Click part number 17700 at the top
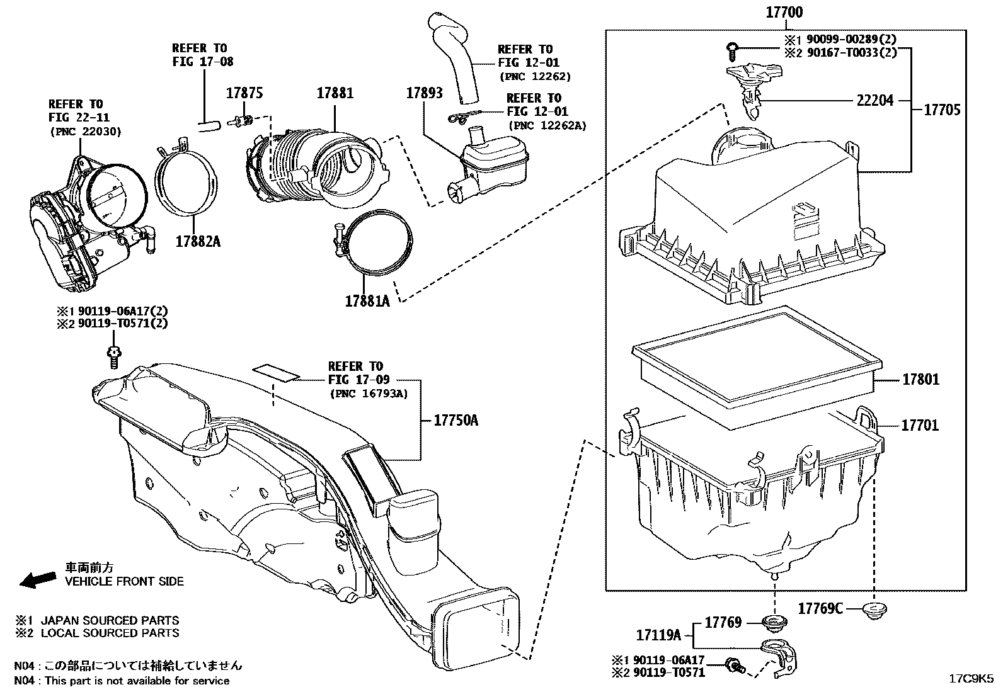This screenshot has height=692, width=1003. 784,12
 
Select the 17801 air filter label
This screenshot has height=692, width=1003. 920,379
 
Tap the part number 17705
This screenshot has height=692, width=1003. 942,110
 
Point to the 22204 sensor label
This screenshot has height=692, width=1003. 874,99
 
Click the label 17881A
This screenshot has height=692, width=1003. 367,302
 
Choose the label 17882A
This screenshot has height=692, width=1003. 198,241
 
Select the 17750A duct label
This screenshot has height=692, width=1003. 456,420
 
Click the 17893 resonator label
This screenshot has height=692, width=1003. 424,93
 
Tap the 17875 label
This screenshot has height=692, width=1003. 244,93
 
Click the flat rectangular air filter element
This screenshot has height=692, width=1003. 756,366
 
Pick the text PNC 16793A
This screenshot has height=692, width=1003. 368,394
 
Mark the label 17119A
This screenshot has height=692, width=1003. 658,635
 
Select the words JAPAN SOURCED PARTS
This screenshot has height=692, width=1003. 110,620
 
